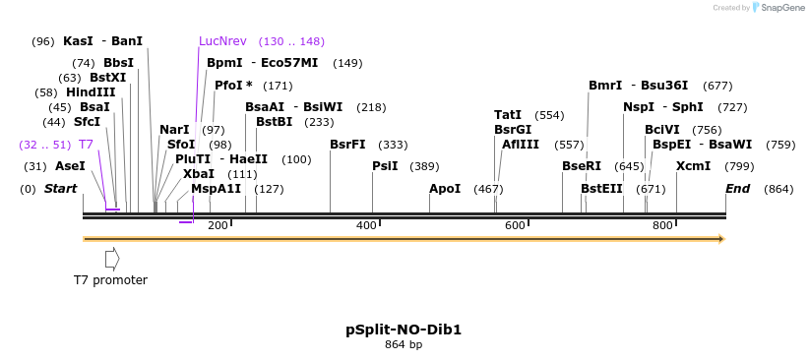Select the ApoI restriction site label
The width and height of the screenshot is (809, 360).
pos(444,189)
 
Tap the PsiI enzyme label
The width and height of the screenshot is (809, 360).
pos(385,166)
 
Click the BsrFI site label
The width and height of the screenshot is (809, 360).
pos(347,144)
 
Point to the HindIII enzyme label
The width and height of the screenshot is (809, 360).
pos(91,92)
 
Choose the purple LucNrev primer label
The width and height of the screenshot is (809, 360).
pos(222,41)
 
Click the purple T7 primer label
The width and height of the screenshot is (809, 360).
pos(86,144)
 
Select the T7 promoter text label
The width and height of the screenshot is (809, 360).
pos(110,280)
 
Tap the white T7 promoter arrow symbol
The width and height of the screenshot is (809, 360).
pos(112,259)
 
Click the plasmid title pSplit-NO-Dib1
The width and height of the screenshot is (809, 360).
pos(404,330)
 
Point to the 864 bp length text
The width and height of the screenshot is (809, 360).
pos(404,345)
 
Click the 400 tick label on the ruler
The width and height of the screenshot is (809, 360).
pos(366,225)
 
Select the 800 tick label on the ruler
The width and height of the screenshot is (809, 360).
pos(662,225)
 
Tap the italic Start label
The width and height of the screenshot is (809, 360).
pos(60,189)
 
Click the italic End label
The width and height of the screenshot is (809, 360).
pos(738,189)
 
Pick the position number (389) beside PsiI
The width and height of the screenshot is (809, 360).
pos(424,166)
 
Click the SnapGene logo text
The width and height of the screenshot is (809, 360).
pos(782,8)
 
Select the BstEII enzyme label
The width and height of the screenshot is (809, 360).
pos(601,189)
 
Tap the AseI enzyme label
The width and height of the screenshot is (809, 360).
pos(70,166)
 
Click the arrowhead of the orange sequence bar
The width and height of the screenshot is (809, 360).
pos(721,239)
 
